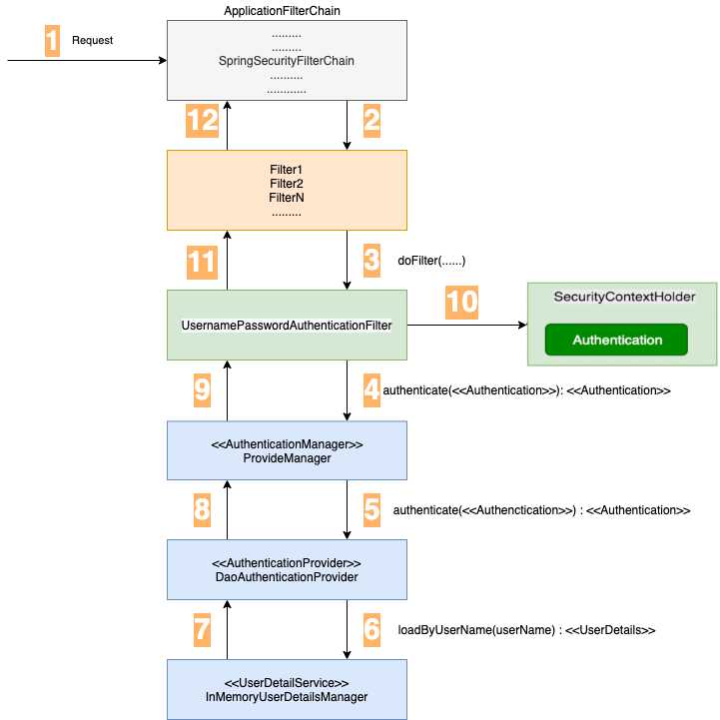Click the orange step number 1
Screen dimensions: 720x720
pos(53,41)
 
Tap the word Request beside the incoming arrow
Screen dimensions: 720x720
pos(93,41)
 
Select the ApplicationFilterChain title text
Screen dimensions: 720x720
pos(287,9)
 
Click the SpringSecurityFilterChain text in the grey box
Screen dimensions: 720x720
pos(287,61)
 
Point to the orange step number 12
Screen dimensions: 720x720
pos(202,121)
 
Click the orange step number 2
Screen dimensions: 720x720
pos(372,121)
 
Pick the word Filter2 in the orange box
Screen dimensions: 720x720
pos(287,184)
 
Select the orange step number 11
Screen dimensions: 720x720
pos(202,262)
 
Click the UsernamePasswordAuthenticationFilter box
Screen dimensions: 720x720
pos(287,325)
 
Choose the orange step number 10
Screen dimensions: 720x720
pos(461,303)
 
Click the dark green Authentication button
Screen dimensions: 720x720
pos(616,340)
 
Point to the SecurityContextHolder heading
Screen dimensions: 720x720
pos(624,298)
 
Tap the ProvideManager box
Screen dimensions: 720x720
pos(287,450)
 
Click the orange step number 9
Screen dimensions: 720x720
pos(202,390)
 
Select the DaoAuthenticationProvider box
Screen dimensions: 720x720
pos(287,569)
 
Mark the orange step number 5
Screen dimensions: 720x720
pos(372,510)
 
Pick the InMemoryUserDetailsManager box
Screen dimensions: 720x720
pos(287,689)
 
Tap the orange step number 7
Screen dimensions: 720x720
pos(202,630)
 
